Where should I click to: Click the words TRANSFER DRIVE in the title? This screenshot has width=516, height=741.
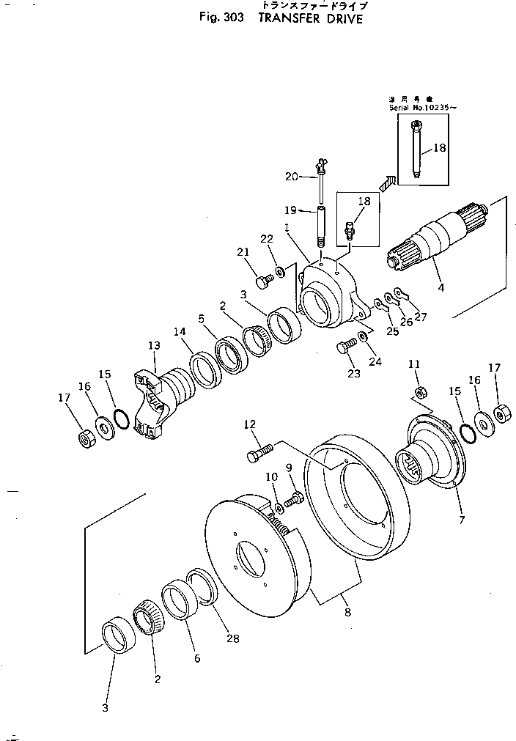tap(309, 20)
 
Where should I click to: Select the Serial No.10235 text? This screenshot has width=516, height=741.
tap(422, 108)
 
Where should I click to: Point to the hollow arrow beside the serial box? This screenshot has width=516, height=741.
tap(388, 180)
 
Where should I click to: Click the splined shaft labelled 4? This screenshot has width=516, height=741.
tap(436, 235)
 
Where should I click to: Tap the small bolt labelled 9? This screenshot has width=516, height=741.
tap(295, 501)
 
